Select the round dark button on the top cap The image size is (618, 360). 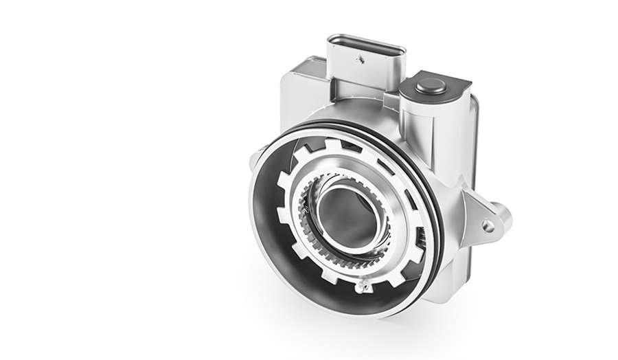tap(430, 86)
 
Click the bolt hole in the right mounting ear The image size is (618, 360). tap(488, 224)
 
